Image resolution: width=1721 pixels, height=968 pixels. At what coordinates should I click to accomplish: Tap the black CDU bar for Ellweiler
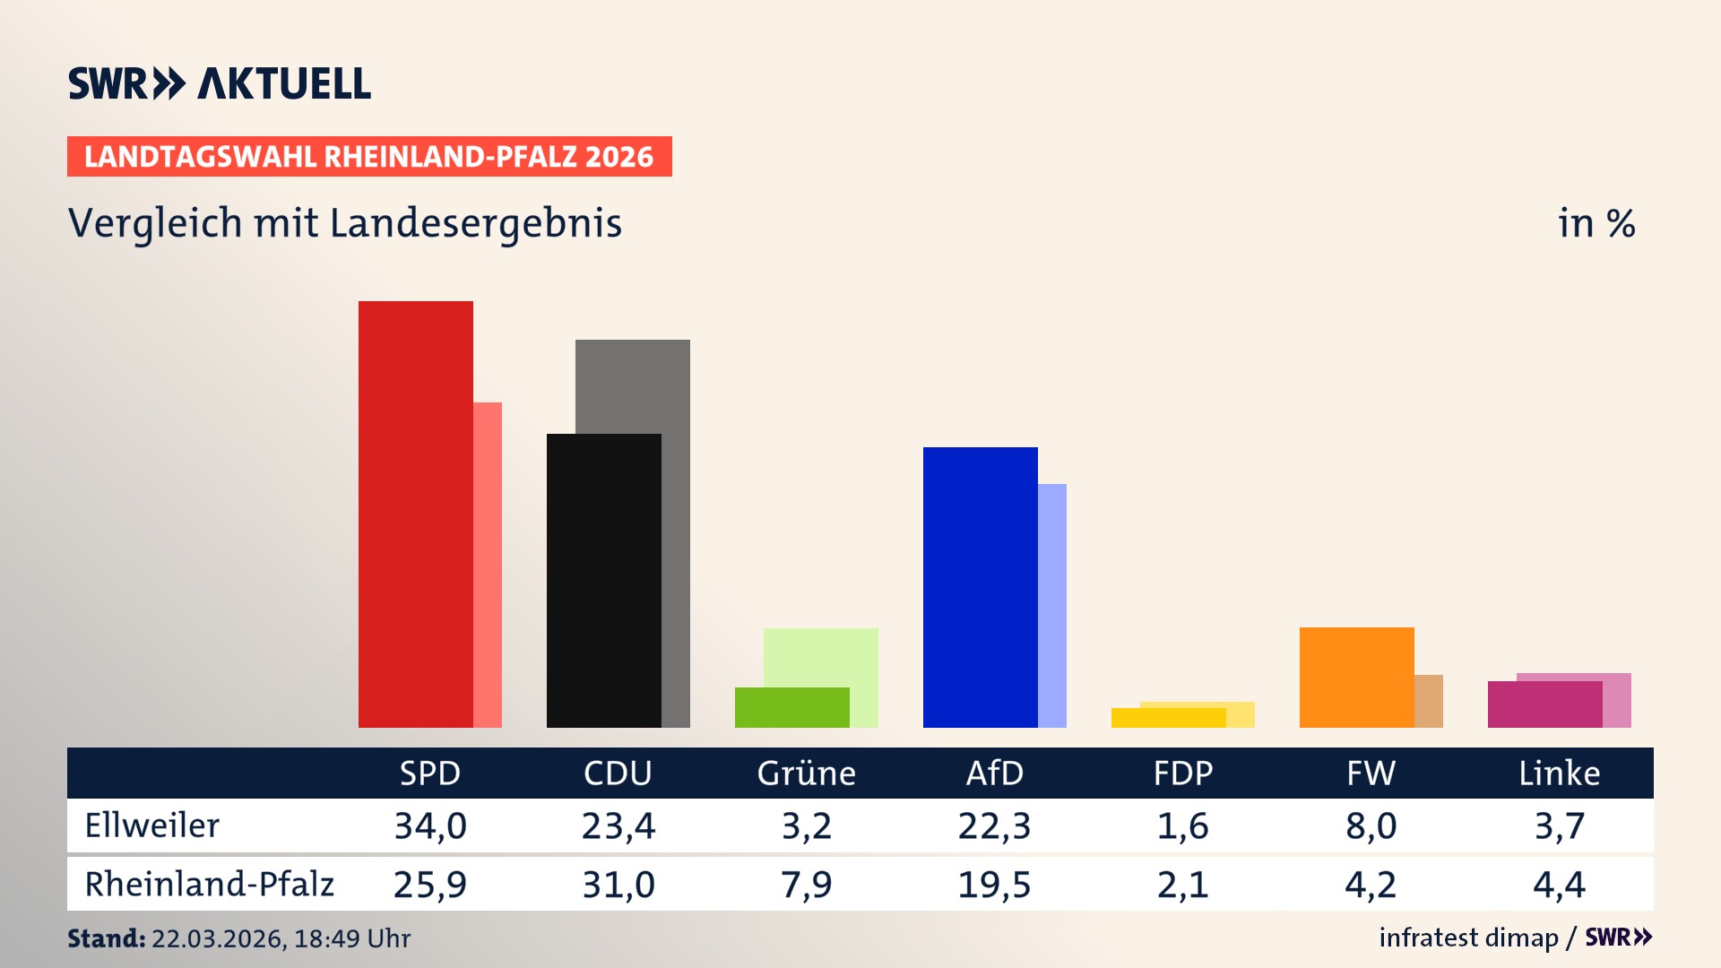[603, 580]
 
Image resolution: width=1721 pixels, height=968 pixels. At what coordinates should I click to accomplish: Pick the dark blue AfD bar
[980, 587]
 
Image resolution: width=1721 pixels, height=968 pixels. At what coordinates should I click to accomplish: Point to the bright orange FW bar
[1356, 677]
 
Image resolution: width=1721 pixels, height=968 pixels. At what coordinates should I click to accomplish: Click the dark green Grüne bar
[791, 707]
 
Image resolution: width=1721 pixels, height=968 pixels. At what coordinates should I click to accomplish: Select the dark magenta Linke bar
[1544, 704]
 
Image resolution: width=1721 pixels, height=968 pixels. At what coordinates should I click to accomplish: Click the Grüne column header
[806, 773]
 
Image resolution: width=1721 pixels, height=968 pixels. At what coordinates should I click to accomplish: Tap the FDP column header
[1182, 773]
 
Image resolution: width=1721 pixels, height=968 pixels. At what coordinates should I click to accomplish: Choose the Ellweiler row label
[151, 825]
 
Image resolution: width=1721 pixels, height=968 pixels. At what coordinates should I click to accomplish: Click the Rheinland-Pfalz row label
[209, 885]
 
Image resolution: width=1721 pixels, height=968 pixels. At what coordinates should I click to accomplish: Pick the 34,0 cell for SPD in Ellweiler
[430, 825]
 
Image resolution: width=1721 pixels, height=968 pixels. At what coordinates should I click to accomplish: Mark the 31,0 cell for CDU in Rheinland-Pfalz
[618, 885]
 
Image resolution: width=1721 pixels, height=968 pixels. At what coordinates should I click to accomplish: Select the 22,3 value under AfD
[994, 825]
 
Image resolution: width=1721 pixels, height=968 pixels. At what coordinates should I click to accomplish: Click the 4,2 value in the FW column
[1370, 885]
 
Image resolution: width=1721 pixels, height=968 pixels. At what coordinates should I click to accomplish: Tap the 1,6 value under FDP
[1182, 825]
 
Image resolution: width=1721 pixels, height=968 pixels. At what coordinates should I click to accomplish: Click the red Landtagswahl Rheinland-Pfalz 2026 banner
[369, 156]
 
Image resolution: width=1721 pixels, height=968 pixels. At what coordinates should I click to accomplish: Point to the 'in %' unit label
[1596, 223]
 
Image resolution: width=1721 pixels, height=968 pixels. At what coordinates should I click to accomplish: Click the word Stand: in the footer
[106, 938]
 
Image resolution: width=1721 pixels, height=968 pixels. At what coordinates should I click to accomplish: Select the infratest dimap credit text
[1468, 938]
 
